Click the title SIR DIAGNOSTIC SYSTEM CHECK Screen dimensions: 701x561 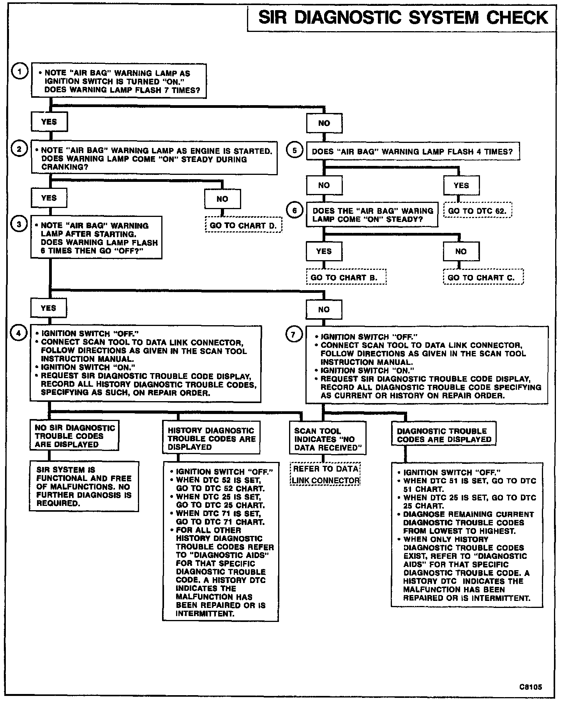pyautogui.click(x=403, y=18)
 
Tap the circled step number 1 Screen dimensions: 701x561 pyautogui.click(x=19, y=72)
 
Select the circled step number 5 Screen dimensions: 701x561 pyautogui.click(x=294, y=151)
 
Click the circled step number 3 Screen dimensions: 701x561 pyautogui.click(x=19, y=224)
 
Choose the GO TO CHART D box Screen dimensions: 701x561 pyautogui.click(x=243, y=225)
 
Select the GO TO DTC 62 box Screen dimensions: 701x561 pyautogui.click(x=477, y=211)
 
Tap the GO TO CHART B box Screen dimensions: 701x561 pyautogui.click(x=346, y=278)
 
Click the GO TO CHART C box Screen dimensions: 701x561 pyautogui.click(x=483, y=278)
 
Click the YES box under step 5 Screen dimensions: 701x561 pyautogui.click(x=461, y=185)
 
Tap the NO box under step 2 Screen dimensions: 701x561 pyautogui.click(x=222, y=199)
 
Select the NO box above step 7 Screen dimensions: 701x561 pyautogui.click(x=324, y=310)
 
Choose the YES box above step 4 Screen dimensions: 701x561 pyautogui.click(x=49, y=308)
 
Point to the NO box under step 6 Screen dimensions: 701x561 pyautogui.click(x=461, y=252)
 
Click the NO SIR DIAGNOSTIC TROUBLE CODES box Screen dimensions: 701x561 pyautogui.click(x=75, y=436)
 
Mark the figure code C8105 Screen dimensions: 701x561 pyautogui.click(x=530, y=687)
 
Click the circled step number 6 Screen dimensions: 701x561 pyautogui.click(x=294, y=211)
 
